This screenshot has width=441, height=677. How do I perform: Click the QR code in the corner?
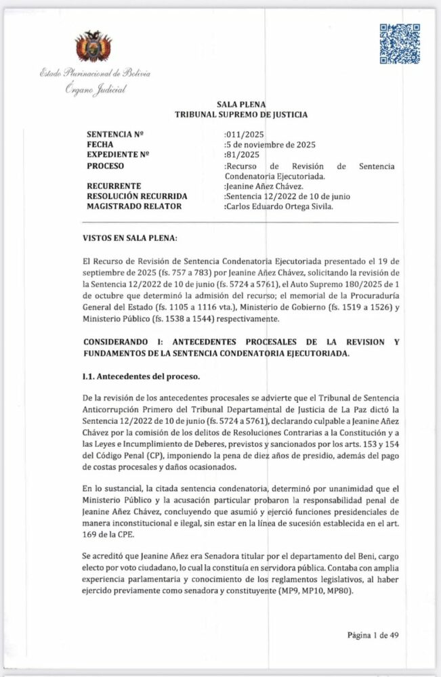(x=399, y=43)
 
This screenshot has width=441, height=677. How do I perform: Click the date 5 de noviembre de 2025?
(x=270, y=145)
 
